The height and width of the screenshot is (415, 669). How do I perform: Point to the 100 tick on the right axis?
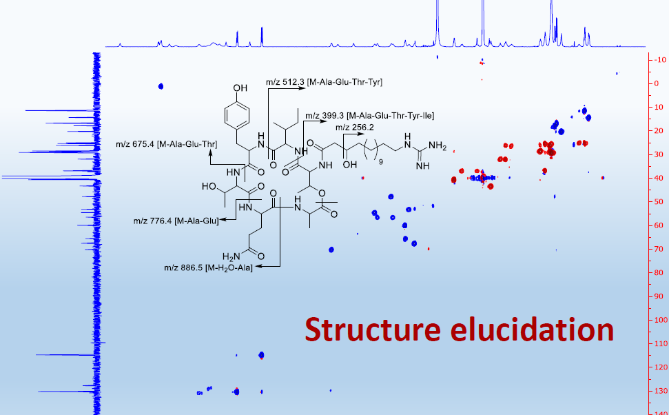657,320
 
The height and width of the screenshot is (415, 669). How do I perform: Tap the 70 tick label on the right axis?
657,249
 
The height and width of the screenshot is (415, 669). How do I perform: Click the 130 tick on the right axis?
657,391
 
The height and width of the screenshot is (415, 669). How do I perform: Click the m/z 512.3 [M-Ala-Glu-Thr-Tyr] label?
325,82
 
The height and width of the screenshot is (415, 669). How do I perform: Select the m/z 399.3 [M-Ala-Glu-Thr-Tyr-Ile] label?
369,115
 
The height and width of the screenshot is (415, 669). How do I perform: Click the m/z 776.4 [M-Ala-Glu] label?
176,221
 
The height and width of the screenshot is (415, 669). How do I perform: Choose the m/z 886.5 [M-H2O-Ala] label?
208,267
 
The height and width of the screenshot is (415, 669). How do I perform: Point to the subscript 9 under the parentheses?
381,163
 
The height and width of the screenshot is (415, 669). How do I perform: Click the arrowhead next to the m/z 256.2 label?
363,135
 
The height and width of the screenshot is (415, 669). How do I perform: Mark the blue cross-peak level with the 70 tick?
331,250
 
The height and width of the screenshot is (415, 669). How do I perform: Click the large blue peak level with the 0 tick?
161,86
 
